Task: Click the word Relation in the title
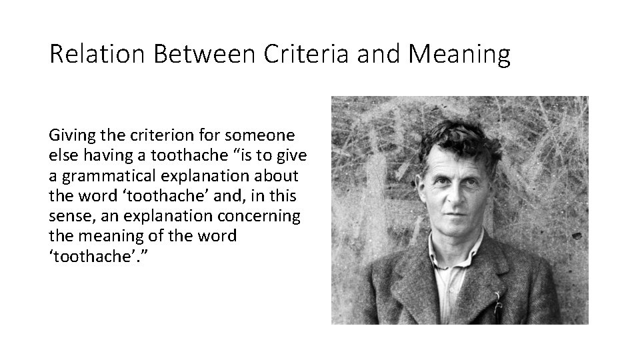click(97, 54)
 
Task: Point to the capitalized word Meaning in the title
click(459, 54)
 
